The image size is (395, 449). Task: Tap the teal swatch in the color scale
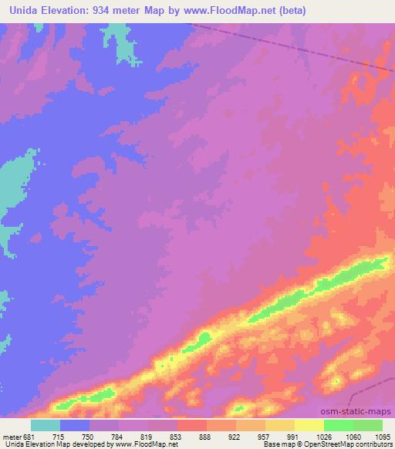click(x=46, y=425)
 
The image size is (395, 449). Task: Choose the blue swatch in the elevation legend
click(x=75, y=425)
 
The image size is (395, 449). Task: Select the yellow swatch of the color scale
click(x=309, y=425)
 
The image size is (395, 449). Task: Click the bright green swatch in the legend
click(x=339, y=425)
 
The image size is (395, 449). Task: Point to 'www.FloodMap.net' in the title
click(x=232, y=10)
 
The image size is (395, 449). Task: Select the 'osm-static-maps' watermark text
click(x=362, y=413)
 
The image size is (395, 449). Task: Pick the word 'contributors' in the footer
click(x=375, y=444)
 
